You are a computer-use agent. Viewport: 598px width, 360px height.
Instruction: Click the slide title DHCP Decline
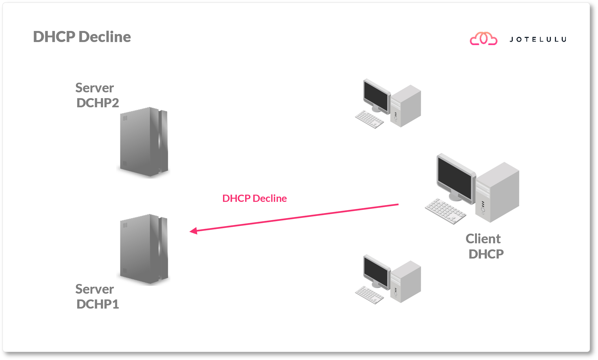pyautogui.click(x=82, y=37)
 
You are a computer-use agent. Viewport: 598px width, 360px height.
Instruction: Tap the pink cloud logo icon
pyautogui.click(x=483, y=39)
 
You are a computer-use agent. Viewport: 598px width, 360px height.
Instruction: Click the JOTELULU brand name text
pyautogui.click(x=538, y=40)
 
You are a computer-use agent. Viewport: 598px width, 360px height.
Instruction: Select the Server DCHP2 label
pyautogui.click(x=97, y=95)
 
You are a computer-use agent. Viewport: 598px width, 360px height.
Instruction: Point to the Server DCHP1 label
pyautogui.click(x=97, y=296)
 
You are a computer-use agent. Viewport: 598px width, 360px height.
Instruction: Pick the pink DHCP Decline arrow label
pyautogui.click(x=254, y=198)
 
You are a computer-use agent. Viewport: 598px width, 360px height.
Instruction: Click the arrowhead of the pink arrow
pyautogui.click(x=193, y=231)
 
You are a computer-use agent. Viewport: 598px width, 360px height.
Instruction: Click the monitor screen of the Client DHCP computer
pyautogui.click(x=455, y=178)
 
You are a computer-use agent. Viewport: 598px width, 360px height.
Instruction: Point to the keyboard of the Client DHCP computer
pyautogui.click(x=445, y=211)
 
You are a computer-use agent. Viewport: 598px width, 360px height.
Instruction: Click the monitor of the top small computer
pyautogui.click(x=376, y=96)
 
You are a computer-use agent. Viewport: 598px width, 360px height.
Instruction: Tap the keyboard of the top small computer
pyautogui.click(x=369, y=119)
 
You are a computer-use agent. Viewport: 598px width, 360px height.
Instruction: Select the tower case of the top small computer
pyautogui.click(x=406, y=106)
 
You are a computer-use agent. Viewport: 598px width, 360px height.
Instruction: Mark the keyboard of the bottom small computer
pyautogui.click(x=369, y=295)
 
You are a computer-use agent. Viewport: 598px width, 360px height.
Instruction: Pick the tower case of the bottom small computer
pyautogui.click(x=406, y=282)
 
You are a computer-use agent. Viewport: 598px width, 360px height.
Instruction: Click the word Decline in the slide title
pyautogui.click(x=104, y=37)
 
